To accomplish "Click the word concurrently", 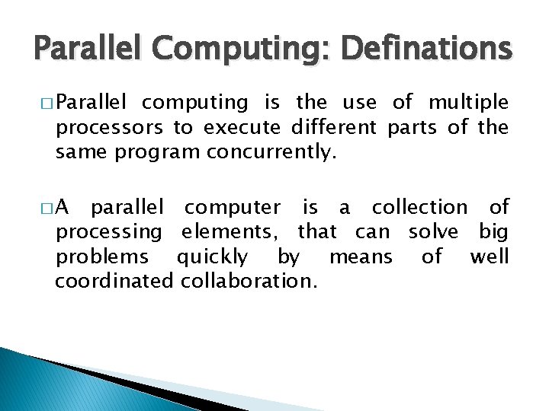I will click(271, 152).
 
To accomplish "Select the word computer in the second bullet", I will click(233, 207).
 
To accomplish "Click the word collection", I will click(419, 207).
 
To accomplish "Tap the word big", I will click(494, 231).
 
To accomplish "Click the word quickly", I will click(212, 256).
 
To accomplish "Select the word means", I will click(360, 256).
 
